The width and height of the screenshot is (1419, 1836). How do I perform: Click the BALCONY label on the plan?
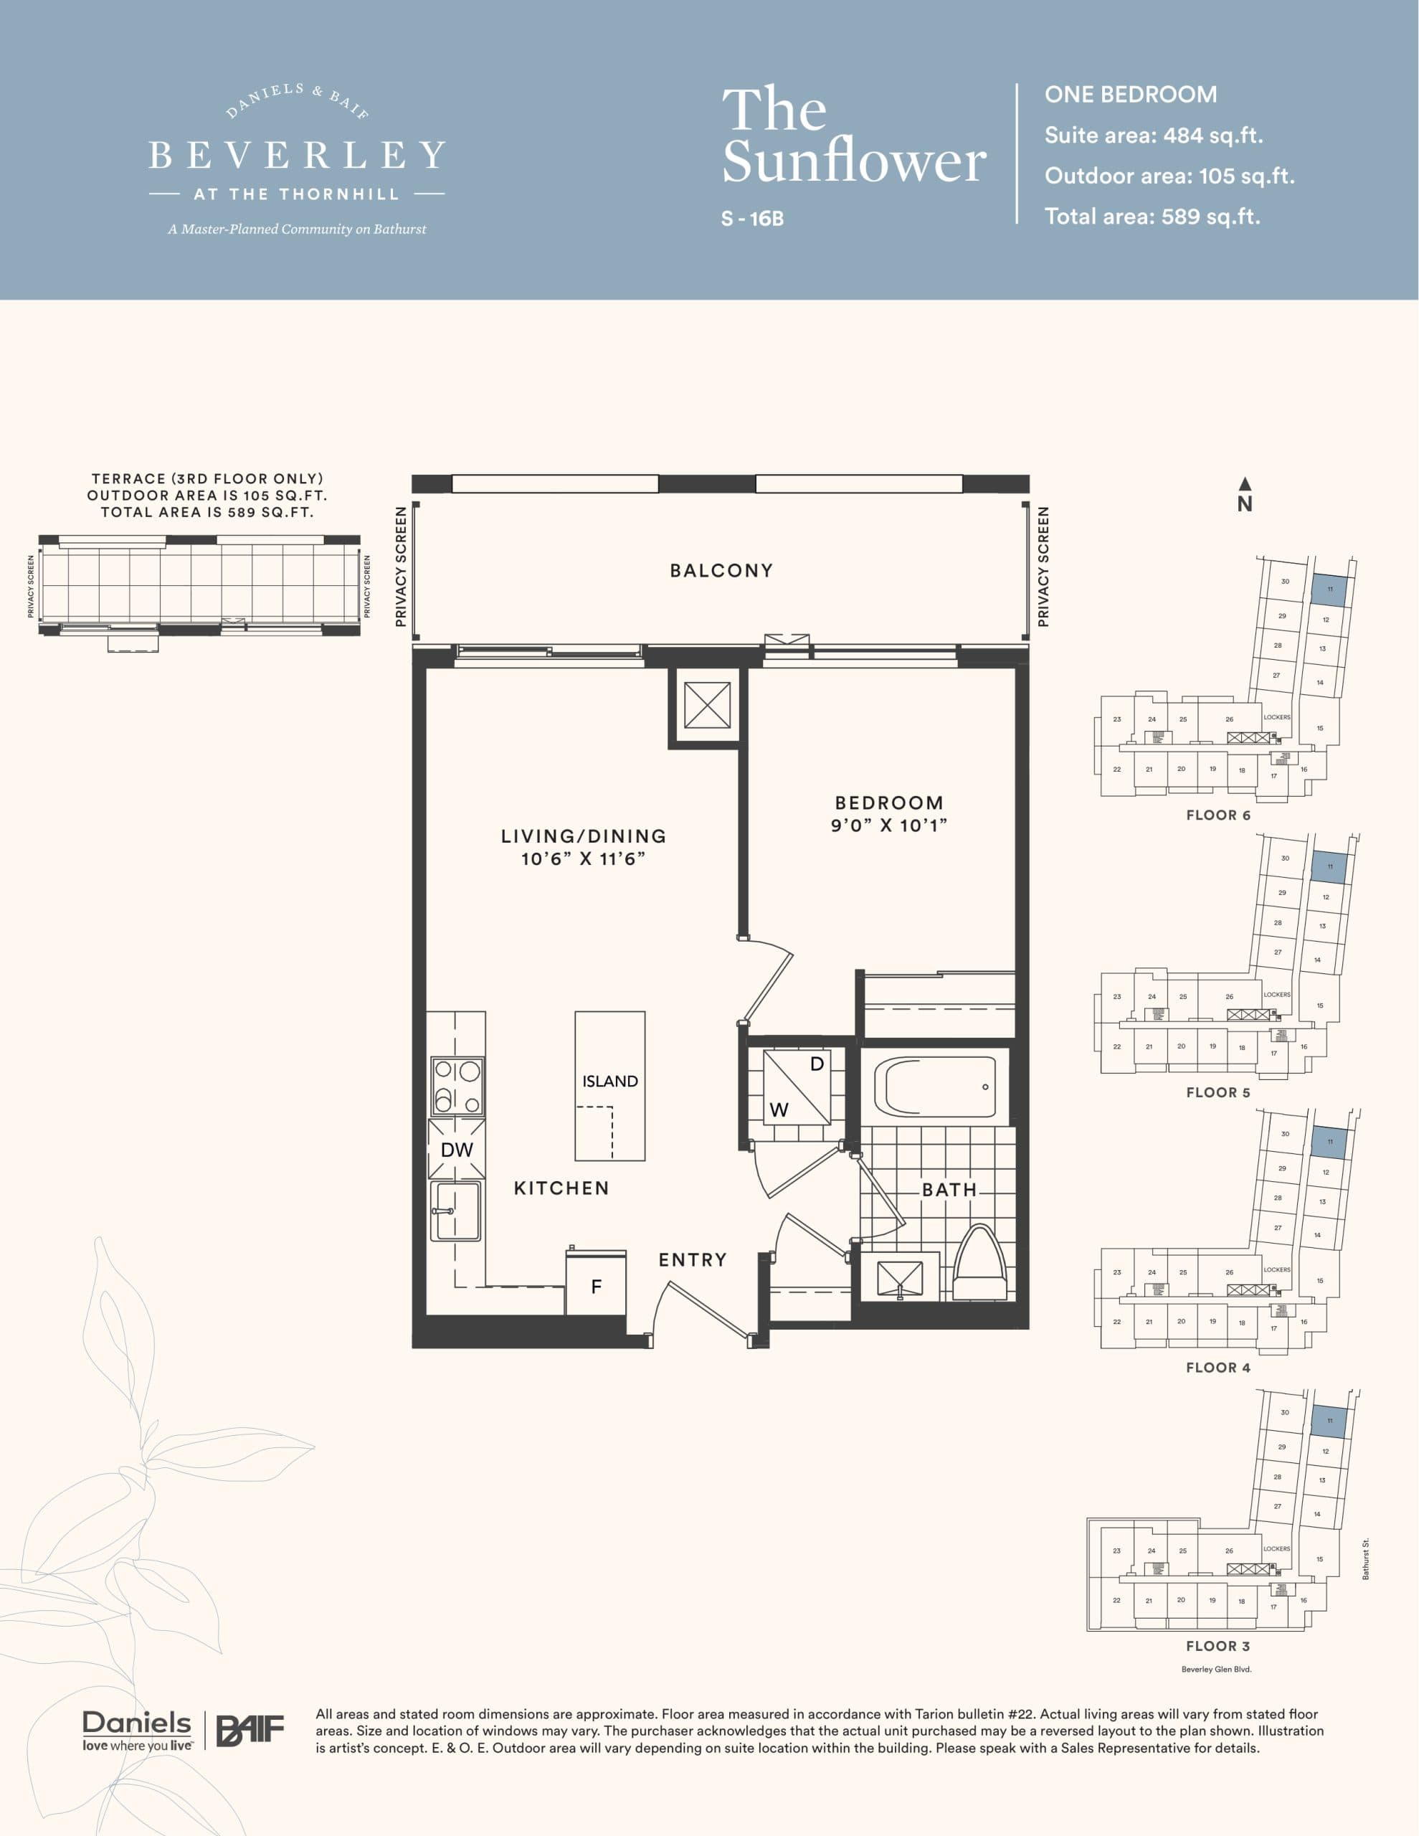point(721,571)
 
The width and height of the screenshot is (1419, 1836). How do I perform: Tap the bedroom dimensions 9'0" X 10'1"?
point(888,825)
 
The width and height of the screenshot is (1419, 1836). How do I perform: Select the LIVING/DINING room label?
point(584,836)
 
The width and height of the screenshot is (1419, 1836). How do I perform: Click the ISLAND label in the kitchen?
point(609,1081)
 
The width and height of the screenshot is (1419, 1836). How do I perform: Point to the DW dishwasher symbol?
point(457,1149)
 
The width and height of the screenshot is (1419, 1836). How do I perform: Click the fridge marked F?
point(596,1286)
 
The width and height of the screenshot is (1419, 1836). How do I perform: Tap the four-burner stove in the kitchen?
point(457,1086)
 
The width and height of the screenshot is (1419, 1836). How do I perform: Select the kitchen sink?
point(455,1211)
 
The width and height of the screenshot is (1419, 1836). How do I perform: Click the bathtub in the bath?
point(934,1087)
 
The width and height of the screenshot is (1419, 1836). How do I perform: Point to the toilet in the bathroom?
point(980,1265)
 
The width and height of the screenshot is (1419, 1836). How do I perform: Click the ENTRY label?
point(692,1259)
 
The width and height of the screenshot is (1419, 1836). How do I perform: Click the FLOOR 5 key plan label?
point(1218,1093)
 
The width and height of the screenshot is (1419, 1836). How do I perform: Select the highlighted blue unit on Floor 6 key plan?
point(1330,590)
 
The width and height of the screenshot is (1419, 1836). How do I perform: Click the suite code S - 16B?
point(752,219)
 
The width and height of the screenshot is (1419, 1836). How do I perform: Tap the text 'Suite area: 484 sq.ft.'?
point(1154,136)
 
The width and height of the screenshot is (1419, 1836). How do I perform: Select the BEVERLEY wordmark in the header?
point(297,156)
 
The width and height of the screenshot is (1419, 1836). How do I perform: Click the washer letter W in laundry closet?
point(779,1109)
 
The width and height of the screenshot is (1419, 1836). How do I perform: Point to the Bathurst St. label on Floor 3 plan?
point(1366,1558)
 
